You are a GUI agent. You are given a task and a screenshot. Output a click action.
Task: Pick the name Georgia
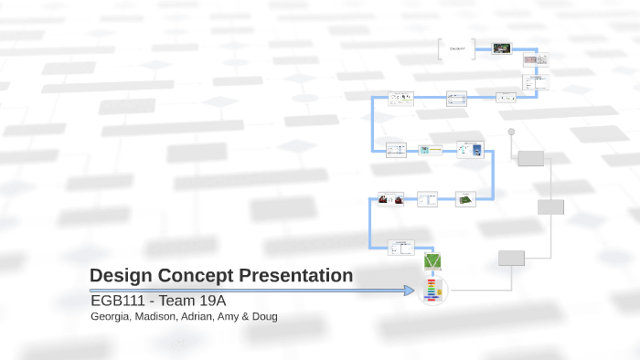pyautogui.click(x=111, y=317)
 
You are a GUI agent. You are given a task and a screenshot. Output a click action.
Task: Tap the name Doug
pyautogui.click(x=262, y=317)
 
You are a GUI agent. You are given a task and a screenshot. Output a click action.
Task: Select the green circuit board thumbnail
pyautogui.click(x=466, y=198)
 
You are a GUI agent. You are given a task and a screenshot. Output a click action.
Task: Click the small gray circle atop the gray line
pyautogui.click(x=512, y=132)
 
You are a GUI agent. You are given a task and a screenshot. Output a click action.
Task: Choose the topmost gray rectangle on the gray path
pyautogui.click(x=530, y=159)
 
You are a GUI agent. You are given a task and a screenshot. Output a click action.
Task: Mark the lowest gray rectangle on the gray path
pyautogui.click(x=511, y=258)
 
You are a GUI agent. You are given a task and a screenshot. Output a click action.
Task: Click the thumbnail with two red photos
pyautogui.click(x=391, y=198)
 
